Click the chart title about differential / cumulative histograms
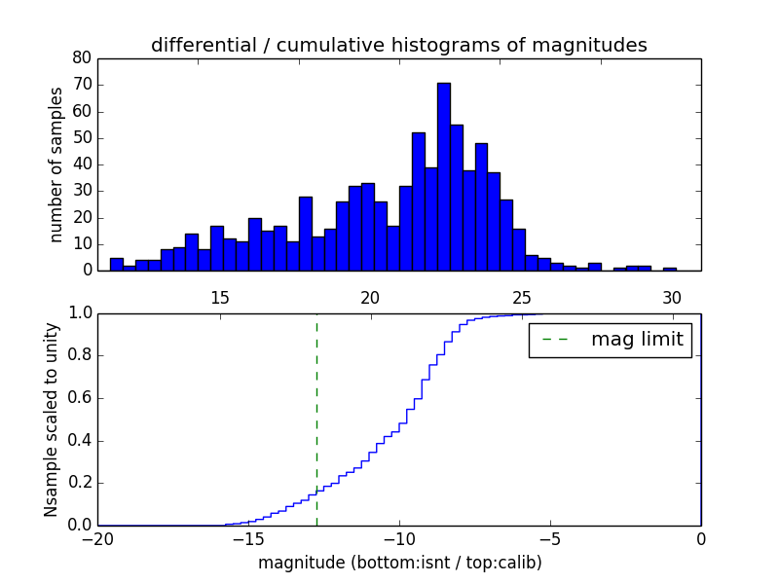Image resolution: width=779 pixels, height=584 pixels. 398,45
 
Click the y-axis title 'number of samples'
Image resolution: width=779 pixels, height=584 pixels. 56,164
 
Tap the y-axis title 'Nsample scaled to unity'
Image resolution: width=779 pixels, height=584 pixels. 52,419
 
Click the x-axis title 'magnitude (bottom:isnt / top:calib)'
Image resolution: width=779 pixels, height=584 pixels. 399,563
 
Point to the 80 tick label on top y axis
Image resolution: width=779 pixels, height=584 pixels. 83,57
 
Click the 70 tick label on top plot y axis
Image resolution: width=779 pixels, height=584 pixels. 83,85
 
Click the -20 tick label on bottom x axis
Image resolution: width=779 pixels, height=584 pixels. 98,539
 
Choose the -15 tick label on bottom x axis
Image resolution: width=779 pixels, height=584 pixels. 249,539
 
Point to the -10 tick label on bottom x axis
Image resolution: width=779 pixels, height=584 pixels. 399,539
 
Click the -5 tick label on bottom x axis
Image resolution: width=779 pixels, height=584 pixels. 550,539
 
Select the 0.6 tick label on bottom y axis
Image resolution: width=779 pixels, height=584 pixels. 81,397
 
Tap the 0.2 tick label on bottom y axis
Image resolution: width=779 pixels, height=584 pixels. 81,483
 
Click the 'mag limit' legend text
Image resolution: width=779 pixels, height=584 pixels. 637,340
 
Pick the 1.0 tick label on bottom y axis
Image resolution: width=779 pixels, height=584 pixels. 81,312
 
